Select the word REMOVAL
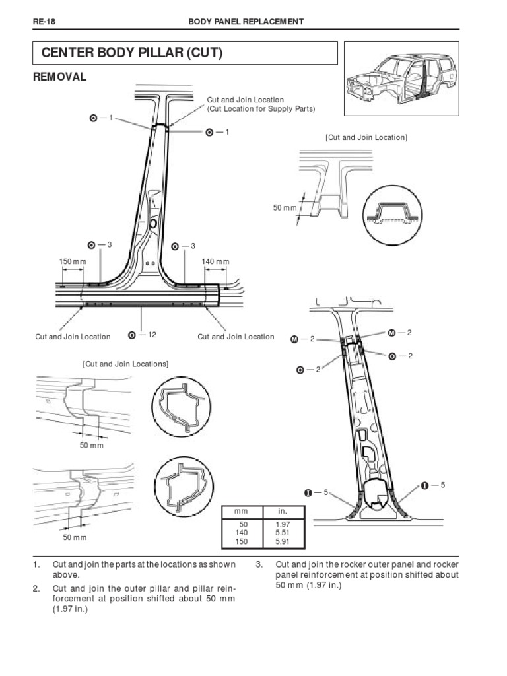(x=60, y=77)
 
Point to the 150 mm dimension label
(x=73, y=262)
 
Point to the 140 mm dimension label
(x=215, y=262)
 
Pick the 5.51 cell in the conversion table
(x=283, y=532)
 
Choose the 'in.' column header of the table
(x=283, y=512)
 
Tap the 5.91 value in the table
(x=283, y=541)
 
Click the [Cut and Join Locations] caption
(x=125, y=364)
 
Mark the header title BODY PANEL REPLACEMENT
(x=246, y=22)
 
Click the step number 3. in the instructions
(x=259, y=565)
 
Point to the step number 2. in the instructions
(x=36, y=588)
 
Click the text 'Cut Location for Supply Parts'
(x=262, y=108)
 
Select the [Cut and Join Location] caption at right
(x=366, y=137)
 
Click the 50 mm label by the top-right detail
(x=285, y=208)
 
